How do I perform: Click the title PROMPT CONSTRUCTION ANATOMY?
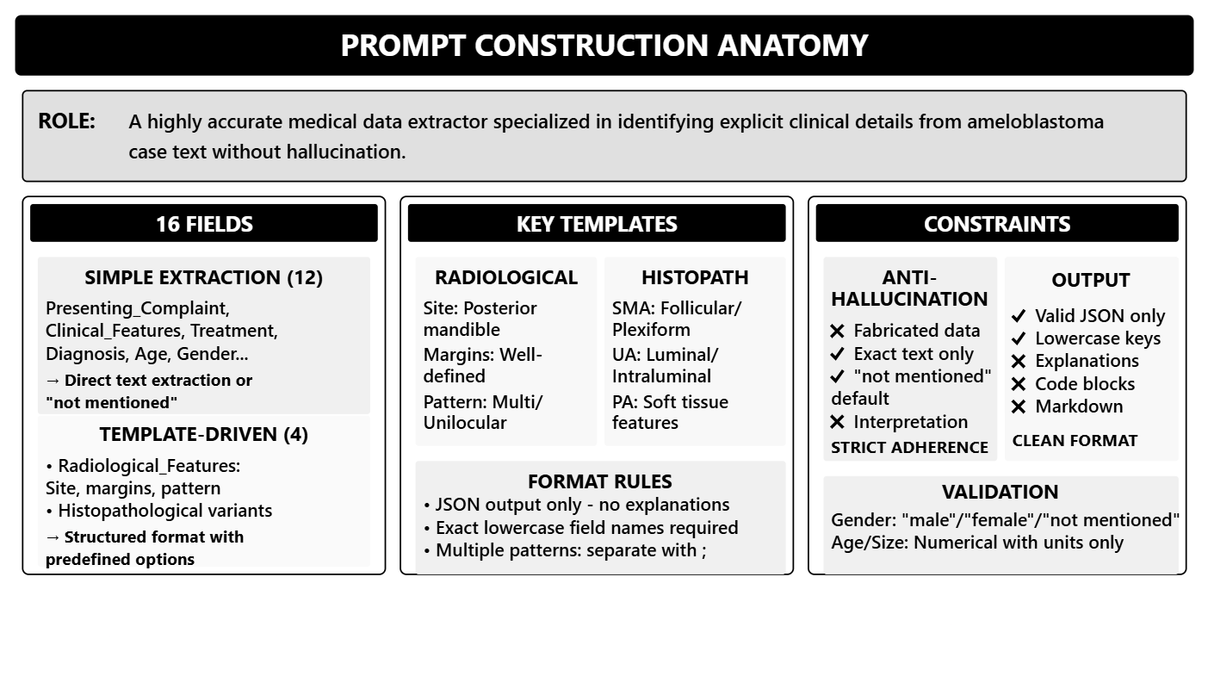(x=604, y=45)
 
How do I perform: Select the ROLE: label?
(x=66, y=121)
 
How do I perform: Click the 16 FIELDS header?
(x=204, y=224)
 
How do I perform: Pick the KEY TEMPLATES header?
(x=597, y=224)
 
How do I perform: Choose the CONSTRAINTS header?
(x=997, y=224)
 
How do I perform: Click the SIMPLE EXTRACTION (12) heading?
(x=203, y=277)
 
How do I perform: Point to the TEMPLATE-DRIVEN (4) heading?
(x=203, y=434)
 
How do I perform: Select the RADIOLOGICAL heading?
(x=506, y=277)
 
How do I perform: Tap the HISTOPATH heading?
(x=695, y=277)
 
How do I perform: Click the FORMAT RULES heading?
(x=600, y=481)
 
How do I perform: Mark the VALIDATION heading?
(x=1000, y=492)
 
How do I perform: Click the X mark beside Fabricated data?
(x=838, y=331)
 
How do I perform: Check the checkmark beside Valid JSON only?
(x=1019, y=316)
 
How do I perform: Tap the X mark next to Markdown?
(x=1019, y=406)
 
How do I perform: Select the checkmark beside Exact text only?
(x=838, y=354)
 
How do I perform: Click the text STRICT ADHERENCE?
(x=909, y=447)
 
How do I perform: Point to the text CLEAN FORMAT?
(x=1075, y=440)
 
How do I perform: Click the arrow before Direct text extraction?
(x=53, y=381)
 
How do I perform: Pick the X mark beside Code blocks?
(x=1019, y=384)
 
